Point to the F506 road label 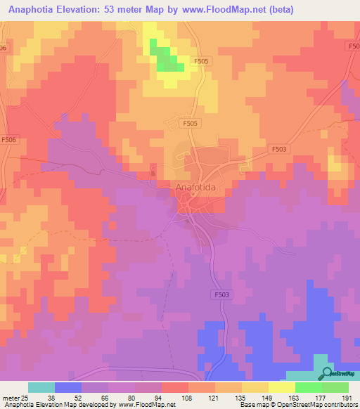coord(9,140)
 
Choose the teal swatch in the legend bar coord(41,387)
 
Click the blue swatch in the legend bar coord(68,387)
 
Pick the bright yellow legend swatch coord(281,387)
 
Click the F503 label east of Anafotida coord(279,149)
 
